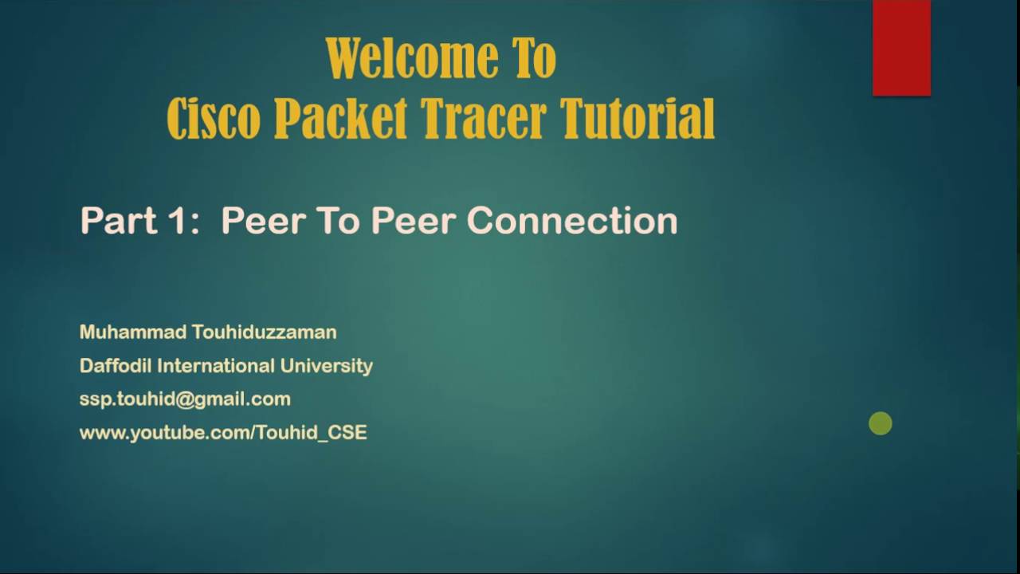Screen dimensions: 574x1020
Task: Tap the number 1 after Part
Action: click(x=177, y=221)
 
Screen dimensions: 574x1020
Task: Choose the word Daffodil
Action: click(x=116, y=366)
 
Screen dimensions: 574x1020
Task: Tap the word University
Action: click(x=327, y=366)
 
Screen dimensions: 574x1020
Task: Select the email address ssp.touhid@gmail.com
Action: click(x=185, y=399)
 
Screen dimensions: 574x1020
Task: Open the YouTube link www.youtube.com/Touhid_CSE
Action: click(x=223, y=433)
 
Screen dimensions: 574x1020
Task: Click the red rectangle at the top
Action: click(x=901, y=48)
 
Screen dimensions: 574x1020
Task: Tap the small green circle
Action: click(x=881, y=424)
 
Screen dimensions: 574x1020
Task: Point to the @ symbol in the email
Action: click(x=185, y=399)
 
